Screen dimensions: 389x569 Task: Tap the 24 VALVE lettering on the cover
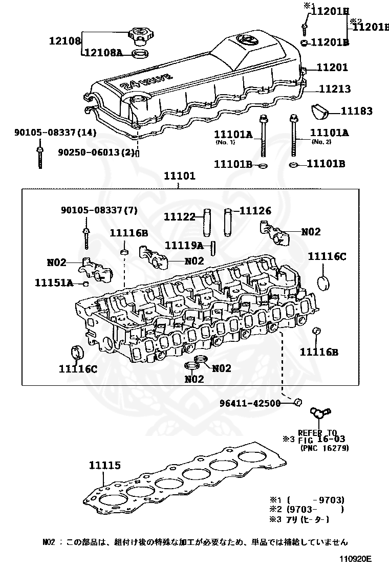point(146,82)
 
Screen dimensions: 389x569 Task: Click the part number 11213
point(335,89)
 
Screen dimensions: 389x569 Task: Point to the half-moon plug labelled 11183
point(320,112)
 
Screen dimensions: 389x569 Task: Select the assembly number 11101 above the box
point(180,176)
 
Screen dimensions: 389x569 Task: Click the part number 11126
point(255,210)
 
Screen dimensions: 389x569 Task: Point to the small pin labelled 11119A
point(213,249)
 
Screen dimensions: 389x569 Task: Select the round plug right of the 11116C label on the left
point(76,352)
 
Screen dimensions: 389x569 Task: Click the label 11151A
point(54,282)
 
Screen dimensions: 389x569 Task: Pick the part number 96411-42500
point(250,403)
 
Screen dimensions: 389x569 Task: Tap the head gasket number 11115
point(105,465)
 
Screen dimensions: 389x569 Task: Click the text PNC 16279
point(325,448)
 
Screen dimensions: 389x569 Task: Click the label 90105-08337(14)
point(55,133)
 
